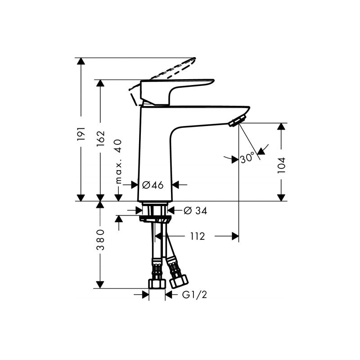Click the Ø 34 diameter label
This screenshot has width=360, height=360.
196,210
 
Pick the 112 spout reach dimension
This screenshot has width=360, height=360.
197,236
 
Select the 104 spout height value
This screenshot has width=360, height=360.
281,165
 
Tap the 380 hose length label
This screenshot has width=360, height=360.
100,240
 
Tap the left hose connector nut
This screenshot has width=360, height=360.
157,283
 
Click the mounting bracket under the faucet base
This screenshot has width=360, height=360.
156,220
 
